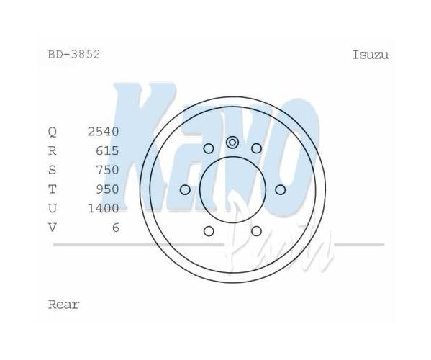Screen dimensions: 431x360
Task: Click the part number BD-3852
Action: (74, 55)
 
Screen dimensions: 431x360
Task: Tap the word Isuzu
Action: (371, 55)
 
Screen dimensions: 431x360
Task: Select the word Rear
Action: (64, 305)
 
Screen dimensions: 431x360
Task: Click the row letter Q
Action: (53, 132)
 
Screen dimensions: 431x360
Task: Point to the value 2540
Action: (103, 132)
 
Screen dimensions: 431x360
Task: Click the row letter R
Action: (53, 150)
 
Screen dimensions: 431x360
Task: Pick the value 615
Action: (107, 150)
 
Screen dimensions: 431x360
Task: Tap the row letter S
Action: (53, 170)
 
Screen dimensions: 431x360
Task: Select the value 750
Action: (107, 170)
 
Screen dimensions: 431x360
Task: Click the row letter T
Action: (53, 189)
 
